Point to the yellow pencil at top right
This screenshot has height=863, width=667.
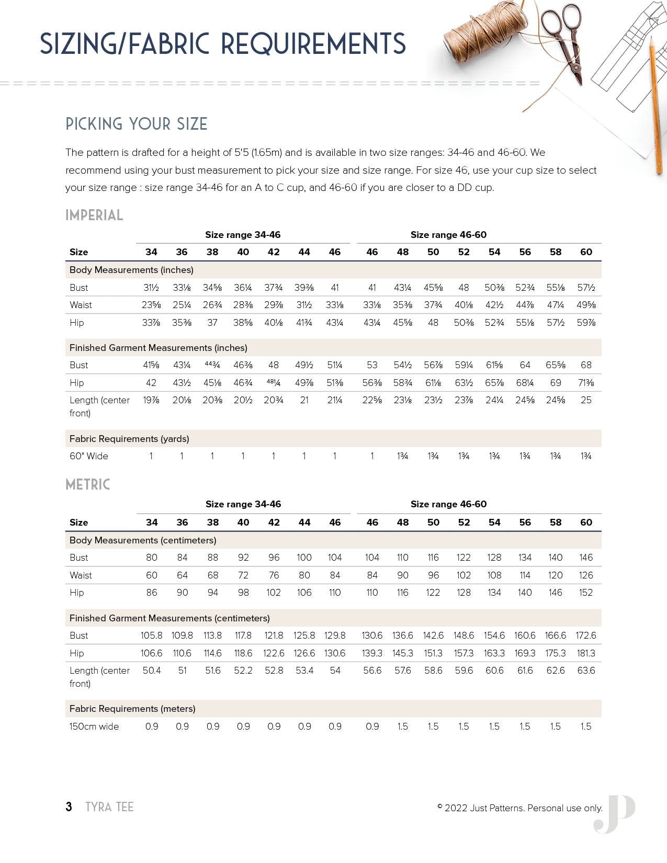pyautogui.click(x=656, y=105)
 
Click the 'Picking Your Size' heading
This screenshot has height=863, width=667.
pyautogui.click(x=137, y=124)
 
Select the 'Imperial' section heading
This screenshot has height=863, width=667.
pyautogui.click(x=94, y=215)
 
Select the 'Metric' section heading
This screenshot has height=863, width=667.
pyautogui.click(x=88, y=484)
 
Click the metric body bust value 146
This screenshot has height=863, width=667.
pyautogui.click(x=586, y=558)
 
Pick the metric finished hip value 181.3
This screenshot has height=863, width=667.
pyautogui.click(x=586, y=653)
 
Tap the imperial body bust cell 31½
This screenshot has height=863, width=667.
pyautogui.click(x=151, y=288)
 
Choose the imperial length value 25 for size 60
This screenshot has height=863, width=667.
pyautogui.click(x=586, y=400)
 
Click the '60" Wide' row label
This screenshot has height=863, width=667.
pyautogui.click(x=89, y=456)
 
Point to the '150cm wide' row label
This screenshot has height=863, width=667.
pyautogui.click(x=94, y=726)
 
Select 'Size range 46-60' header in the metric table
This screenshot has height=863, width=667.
pyautogui.click(x=448, y=504)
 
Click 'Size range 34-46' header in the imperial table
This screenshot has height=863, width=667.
pyautogui.click(x=243, y=235)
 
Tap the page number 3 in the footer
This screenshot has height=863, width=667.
pyautogui.click(x=69, y=807)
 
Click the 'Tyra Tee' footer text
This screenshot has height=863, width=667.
pyautogui.click(x=109, y=807)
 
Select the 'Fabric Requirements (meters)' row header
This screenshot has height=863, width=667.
pyautogui.click(x=132, y=709)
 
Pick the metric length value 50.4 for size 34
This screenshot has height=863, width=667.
pyautogui.click(x=152, y=671)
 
